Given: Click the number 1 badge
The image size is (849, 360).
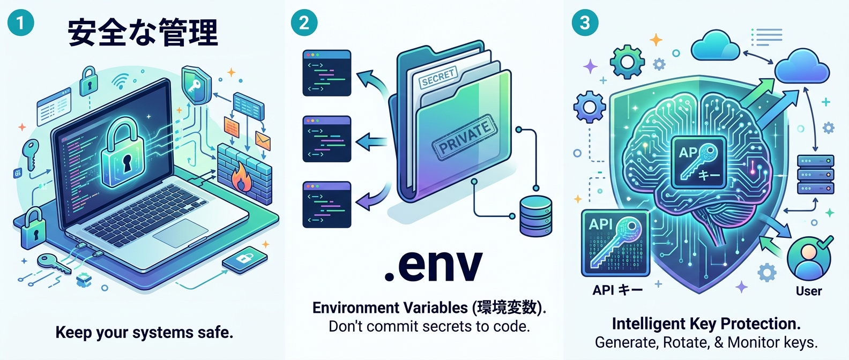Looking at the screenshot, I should (21, 23).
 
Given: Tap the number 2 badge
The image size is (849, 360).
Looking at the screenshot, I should (304, 23).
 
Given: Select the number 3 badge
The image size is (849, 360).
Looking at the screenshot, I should (585, 23).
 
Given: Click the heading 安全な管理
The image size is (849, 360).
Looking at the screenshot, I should (143, 33).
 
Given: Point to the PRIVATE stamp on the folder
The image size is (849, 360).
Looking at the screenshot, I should (464, 138).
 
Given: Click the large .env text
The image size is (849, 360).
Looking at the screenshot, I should (433, 264).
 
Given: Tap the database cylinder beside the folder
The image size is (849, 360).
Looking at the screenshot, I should (535, 216).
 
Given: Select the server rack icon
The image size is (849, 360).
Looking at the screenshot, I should (815, 175).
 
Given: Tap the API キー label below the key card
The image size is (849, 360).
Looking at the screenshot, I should (617, 290).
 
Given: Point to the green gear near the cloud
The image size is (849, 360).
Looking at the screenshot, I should (627, 61).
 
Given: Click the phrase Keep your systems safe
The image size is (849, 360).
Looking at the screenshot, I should (144, 333).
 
